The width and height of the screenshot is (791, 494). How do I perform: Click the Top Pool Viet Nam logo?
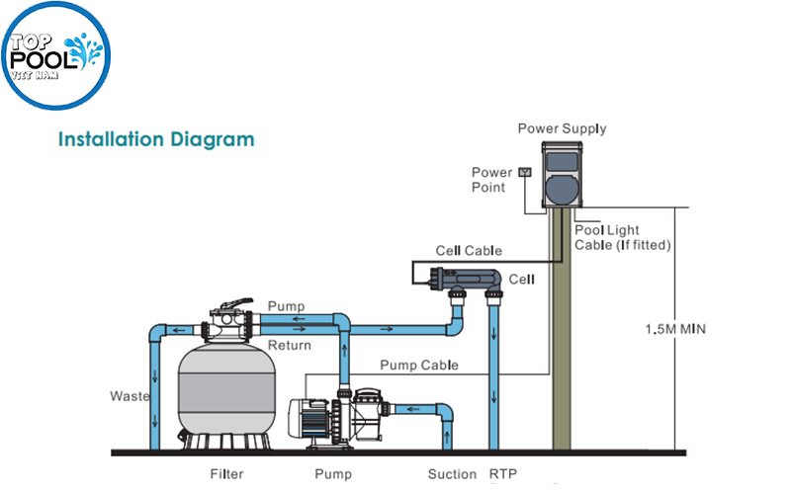click(56, 57)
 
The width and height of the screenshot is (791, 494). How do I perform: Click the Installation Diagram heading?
click(156, 138)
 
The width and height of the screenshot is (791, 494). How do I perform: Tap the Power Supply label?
click(562, 128)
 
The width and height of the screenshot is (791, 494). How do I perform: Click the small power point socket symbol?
click(524, 172)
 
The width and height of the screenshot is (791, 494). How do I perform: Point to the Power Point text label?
click(490, 180)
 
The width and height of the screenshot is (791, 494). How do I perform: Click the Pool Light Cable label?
click(623, 237)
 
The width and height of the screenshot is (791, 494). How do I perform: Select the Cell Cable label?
click(469, 251)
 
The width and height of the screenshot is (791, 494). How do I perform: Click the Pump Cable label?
click(425, 365)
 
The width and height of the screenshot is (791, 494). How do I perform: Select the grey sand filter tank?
click(224, 390)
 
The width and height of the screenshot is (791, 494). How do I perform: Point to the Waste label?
click(129, 396)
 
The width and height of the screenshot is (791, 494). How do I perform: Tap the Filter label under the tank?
click(226, 474)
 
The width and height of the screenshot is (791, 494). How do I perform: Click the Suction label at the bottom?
click(452, 474)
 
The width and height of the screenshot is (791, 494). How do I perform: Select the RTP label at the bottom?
click(502, 474)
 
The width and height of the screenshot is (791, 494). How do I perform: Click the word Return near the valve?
click(290, 345)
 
